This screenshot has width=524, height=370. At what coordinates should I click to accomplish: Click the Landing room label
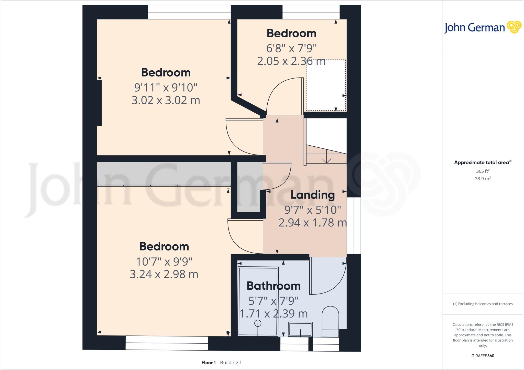pos(313,195)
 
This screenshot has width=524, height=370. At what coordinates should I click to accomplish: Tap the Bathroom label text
pos(274,286)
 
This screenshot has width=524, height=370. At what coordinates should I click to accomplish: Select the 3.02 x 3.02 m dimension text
pos(166,100)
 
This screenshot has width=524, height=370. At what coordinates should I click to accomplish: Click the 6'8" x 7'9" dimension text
pos(291,48)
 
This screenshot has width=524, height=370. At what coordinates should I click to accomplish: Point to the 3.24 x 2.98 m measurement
pos(164,274)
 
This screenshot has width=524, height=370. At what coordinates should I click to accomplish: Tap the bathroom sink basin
pos(300,329)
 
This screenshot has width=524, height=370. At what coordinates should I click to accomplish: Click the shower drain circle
pos(258,323)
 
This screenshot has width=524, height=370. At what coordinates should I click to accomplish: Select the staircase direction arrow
pos(326,157)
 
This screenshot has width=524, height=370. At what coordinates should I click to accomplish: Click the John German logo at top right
pos(483,27)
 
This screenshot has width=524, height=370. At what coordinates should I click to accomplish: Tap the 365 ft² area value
pos(483,171)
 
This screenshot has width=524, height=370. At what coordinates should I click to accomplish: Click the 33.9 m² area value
pos(483,179)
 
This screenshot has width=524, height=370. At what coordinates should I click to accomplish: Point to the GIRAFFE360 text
pos(483,356)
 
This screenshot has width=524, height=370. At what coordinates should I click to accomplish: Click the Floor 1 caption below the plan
pos(209,363)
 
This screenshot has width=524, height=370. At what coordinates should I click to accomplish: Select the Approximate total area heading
pos(482,162)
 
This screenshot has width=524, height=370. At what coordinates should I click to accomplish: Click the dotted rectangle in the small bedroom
pos(326,85)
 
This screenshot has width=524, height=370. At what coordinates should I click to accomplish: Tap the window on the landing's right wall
pos(354,225)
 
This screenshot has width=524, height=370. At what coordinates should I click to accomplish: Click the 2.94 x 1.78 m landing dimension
pos(313,223)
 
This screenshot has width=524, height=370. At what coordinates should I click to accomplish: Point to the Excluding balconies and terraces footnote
pos(483,304)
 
